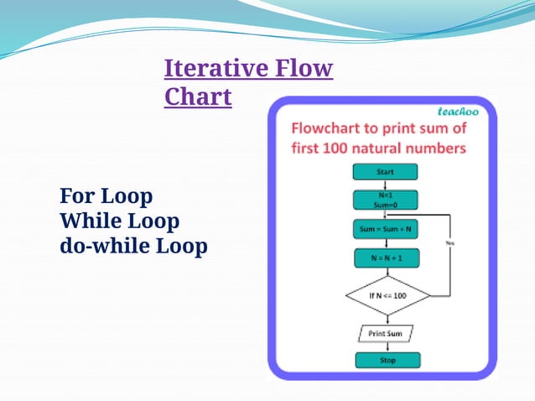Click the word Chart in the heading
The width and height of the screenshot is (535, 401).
coord(198,96)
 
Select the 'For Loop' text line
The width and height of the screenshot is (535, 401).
coord(106,197)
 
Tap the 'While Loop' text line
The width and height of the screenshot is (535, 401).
coord(120,221)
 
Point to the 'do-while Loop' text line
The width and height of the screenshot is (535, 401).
coord(133,247)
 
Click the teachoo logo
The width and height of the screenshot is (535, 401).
coord(459,112)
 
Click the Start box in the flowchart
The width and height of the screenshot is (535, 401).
coord(385,171)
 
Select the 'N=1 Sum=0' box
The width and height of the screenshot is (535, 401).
coord(385,199)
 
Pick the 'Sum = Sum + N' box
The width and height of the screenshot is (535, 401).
coord(385,228)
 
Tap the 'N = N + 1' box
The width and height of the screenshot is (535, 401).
coord(385,258)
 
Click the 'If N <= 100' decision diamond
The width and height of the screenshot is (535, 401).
coord(387,296)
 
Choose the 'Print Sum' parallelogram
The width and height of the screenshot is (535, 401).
coord(386,333)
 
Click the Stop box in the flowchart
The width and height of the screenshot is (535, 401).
coord(386,361)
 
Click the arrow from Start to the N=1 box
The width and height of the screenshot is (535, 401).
coord(385,184)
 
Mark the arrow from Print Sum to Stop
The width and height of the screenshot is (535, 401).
coord(386,346)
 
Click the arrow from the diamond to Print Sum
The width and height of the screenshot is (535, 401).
coord(386,320)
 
